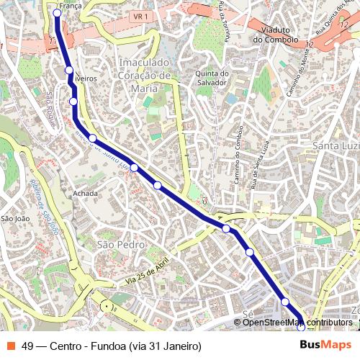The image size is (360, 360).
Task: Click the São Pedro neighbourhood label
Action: click(x=120, y=245)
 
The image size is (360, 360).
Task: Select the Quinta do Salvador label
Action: click(x=212, y=78)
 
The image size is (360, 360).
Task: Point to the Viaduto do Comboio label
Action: click(x=275, y=35)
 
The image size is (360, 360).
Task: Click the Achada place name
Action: click(x=85, y=194)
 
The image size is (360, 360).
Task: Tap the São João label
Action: click(x=14, y=218)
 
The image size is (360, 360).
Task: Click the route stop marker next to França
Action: click(x=57, y=13)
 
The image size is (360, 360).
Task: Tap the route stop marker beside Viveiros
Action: click(x=69, y=70)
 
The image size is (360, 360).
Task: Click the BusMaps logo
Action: click(x=325, y=345)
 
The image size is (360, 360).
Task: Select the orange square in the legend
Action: click(x=10, y=346)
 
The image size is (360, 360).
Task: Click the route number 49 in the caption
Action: click(x=28, y=346)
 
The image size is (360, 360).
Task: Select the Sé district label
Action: click(x=248, y=315)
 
